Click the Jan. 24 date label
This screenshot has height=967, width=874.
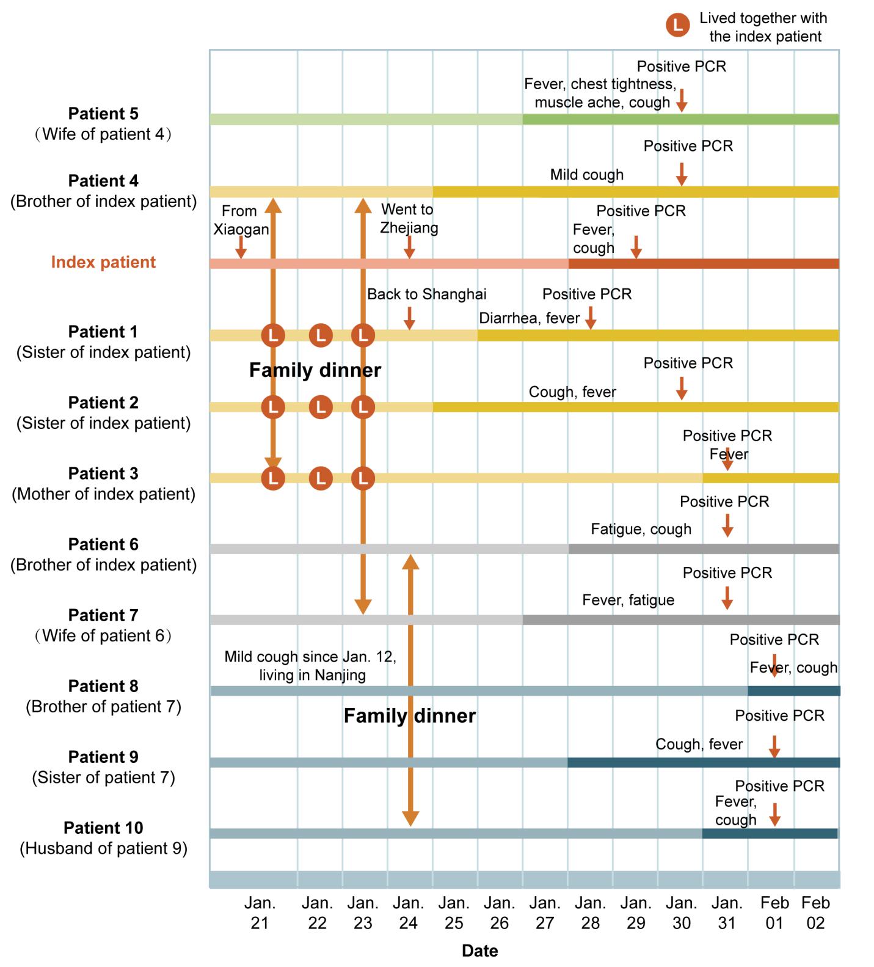pos(408,913)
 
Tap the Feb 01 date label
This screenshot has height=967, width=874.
pos(774,913)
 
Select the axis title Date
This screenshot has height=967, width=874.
pos(479,951)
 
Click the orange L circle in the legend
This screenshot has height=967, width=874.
pos(677,26)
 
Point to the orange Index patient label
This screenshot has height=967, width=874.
pos(103,262)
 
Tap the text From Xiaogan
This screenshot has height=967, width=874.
pos(241,220)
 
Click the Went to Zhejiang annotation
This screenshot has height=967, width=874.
pos(409,219)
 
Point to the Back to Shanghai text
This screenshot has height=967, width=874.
pos(426,294)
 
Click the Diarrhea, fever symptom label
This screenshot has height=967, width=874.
pos(529,318)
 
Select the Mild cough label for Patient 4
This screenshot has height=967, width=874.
pos(586,175)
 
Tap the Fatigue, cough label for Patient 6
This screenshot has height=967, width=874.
pos(641,529)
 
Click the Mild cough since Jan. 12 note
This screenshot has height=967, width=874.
pos(310,665)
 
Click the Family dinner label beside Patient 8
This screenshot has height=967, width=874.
pos(409,716)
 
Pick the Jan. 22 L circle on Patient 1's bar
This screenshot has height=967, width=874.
pos(321,335)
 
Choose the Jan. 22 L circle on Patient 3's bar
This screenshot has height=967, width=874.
pos(321,478)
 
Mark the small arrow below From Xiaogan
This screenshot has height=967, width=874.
pos(241,247)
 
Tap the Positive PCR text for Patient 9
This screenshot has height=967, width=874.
pos(779,716)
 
